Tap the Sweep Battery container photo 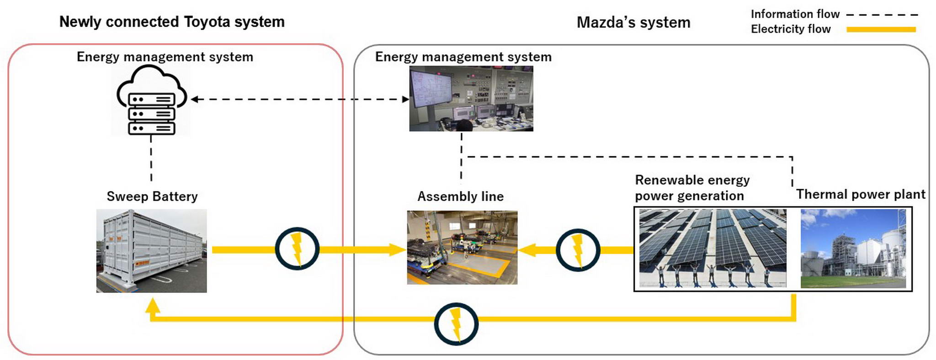(151, 251)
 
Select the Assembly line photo (462, 248)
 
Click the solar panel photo (713, 248)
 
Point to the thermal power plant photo (853, 249)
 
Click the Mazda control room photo (471, 99)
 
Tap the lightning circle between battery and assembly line (297, 249)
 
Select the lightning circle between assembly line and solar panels (578, 250)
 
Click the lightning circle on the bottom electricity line (456, 323)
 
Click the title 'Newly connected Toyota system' (172, 22)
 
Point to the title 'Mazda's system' (633, 22)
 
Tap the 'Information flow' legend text (795, 14)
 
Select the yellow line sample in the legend (881, 30)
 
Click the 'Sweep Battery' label (152, 196)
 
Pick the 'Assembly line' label (460, 196)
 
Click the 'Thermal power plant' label (861, 194)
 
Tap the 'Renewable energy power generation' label (692, 188)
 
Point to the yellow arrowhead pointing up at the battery (153, 305)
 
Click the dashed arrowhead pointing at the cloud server (194, 99)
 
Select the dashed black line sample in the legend (882, 15)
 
